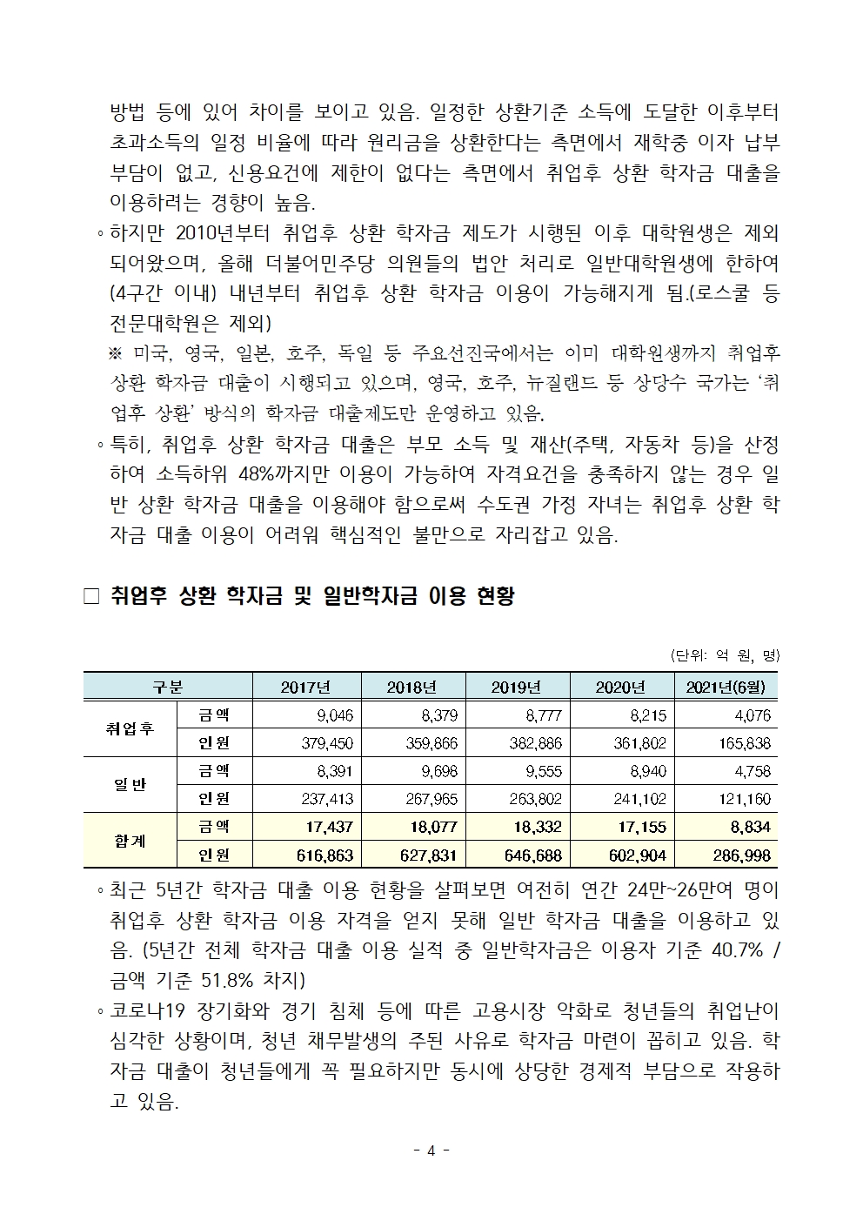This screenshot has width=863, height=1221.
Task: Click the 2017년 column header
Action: point(305,687)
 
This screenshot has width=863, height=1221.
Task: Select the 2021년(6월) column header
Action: point(726,687)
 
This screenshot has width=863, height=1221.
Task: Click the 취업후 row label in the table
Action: point(129,729)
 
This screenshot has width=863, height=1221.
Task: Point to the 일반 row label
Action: point(129,784)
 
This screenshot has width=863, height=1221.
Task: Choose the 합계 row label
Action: point(129,840)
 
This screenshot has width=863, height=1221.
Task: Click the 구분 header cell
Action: point(167,687)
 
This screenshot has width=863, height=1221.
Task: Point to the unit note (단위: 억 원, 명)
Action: point(725,655)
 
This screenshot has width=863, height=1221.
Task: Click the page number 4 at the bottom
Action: point(431,1150)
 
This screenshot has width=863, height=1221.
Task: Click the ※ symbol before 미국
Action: point(115,353)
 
